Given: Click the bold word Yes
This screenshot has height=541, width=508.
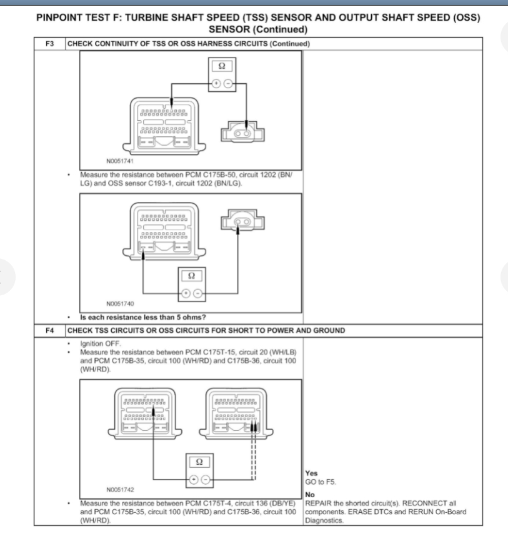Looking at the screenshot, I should coord(311,474).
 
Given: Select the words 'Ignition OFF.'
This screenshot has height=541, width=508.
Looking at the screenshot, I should coord(99,343).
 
